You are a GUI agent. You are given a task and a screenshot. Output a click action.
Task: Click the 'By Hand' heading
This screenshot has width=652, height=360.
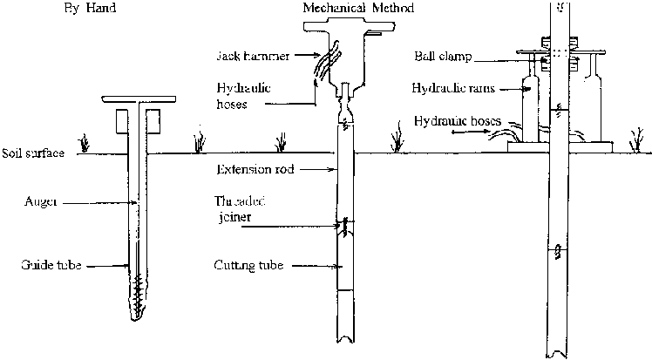tap(90, 10)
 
